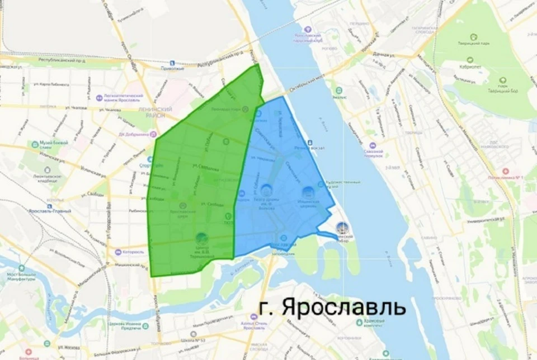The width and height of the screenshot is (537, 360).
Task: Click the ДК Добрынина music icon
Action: pos(153,134)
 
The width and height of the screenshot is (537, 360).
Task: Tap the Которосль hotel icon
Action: pos(118,252)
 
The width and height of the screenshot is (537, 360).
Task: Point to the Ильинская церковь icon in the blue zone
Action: pos(307,192)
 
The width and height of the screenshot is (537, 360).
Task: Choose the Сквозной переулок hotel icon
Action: pos(373,146)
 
